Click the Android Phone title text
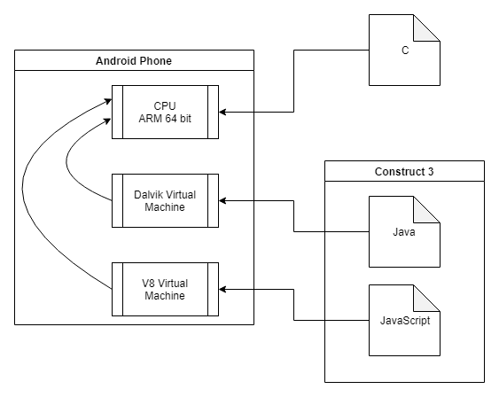point(134,61)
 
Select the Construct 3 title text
point(404,171)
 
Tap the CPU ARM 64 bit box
point(165,112)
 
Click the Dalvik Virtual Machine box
point(165,201)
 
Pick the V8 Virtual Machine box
point(165,290)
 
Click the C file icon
point(404,50)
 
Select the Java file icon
point(404,231)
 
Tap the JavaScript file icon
point(404,320)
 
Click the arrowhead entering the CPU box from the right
point(222,112)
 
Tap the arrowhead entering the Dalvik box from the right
point(222,201)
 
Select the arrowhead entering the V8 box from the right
point(222,290)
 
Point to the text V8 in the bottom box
point(148,284)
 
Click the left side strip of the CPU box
point(117,112)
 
